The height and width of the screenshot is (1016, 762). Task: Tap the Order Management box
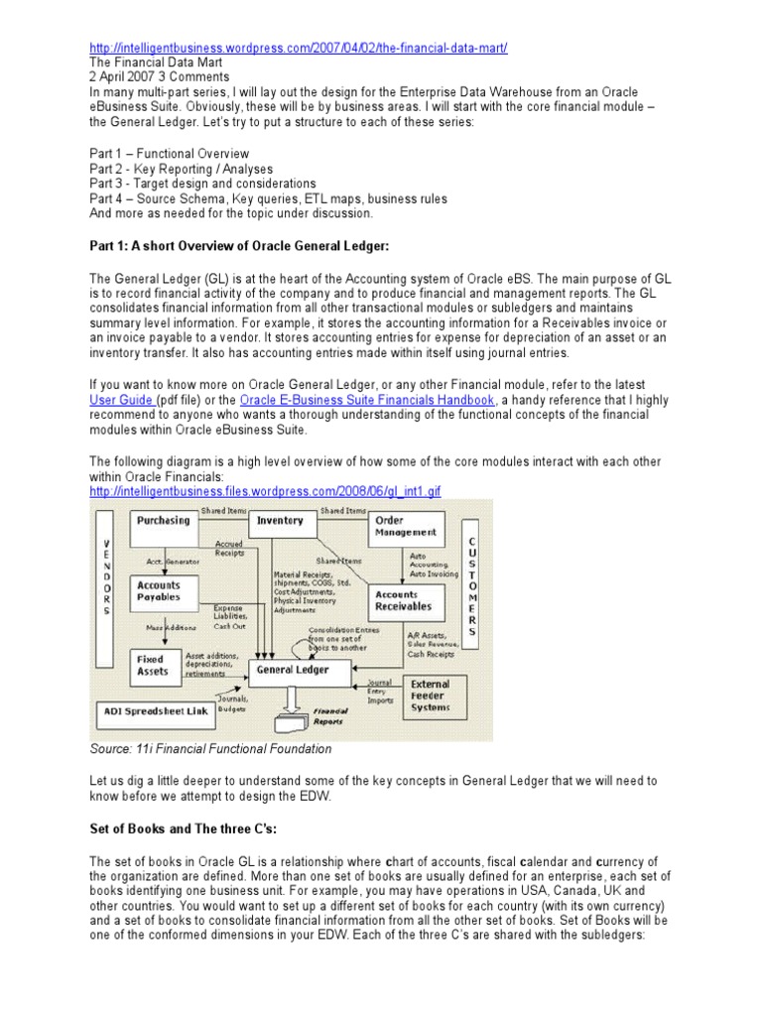coord(405,526)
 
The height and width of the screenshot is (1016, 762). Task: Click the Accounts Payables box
coord(159,591)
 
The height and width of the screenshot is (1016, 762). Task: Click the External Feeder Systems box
coord(430,696)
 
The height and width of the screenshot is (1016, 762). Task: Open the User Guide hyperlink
coord(122,399)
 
